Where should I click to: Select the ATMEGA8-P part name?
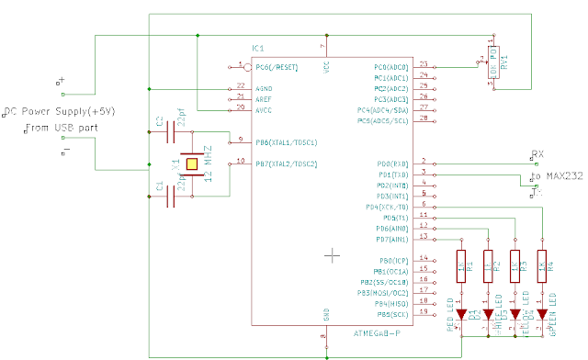pyautogui.click(x=375, y=332)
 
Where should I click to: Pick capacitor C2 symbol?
pyautogui.click(x=171, y=135)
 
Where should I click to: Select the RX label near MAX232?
pyautogui.click(x=539, y=153)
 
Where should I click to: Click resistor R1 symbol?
pyautogui.click(x=461, y=265)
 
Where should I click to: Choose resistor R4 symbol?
pyautogui.click(x=543, y=265)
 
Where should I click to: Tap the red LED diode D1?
pyautogui.click(x=461, y=314)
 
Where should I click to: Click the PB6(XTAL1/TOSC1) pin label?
pyautogui.click(x=287, y=142)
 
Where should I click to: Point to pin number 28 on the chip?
pyautogui.click(x=424, y=118)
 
